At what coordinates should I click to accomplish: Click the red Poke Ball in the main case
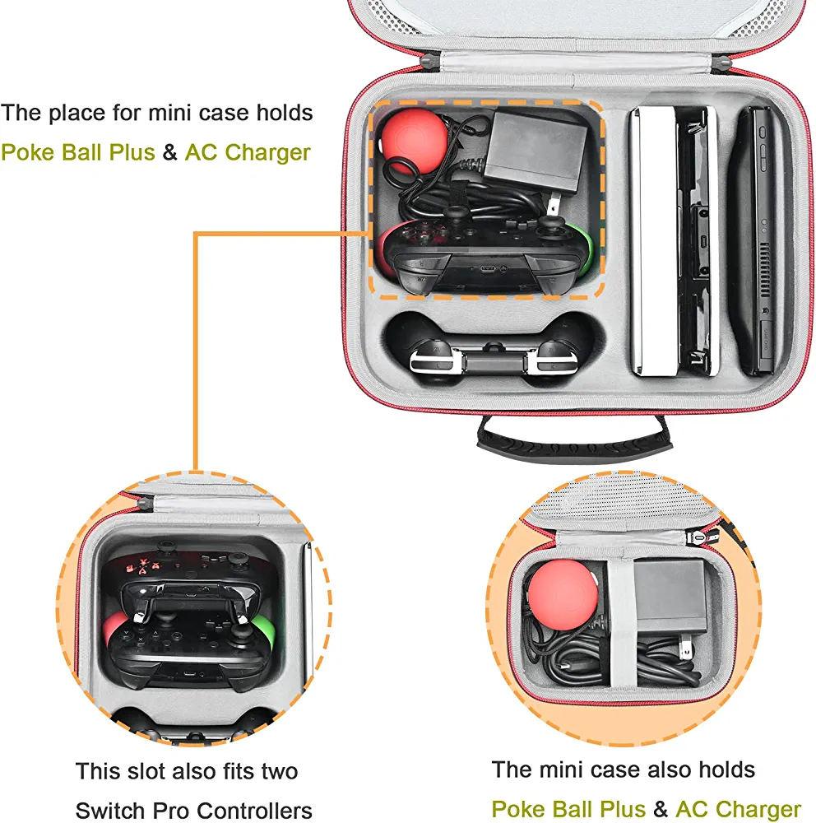coord(414,141)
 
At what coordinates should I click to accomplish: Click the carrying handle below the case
coord(574,443)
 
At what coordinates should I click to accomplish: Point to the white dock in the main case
coord(653,240)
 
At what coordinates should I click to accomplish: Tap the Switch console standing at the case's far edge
coord(754,240)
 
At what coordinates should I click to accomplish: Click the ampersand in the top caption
coord(169,152)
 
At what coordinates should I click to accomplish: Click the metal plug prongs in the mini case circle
coord(685,647)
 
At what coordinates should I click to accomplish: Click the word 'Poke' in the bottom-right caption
coord(517,809)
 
